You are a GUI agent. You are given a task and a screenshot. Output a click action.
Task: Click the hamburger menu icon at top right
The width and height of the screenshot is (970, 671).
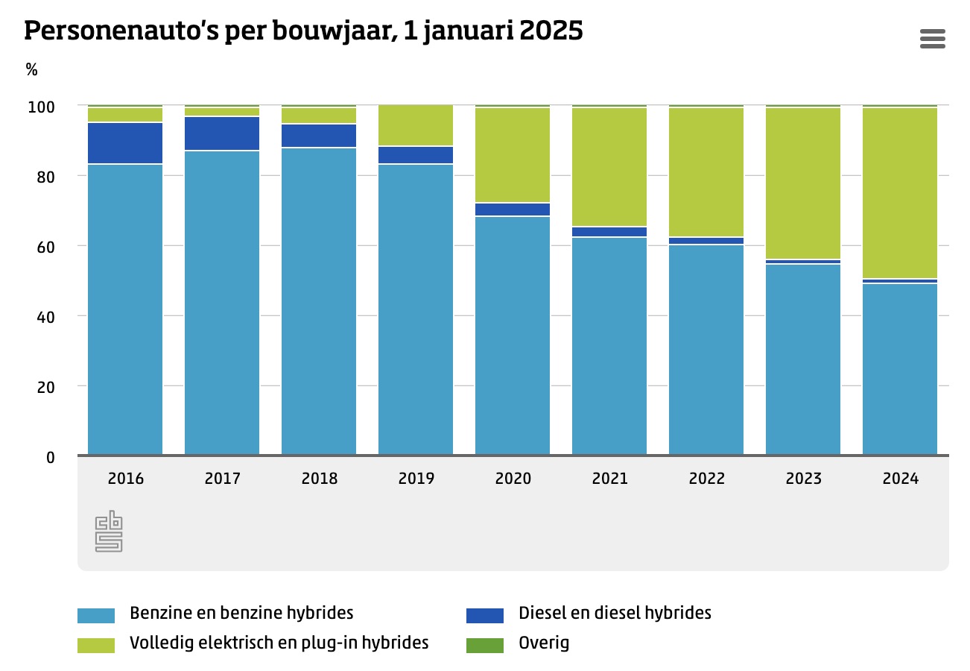click(x=932, y=38)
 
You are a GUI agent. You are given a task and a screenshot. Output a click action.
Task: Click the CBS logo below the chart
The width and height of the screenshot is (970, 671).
click(x=109, y=531)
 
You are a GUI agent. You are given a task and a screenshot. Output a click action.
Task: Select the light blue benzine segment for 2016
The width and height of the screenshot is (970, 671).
click(x=125, y=309)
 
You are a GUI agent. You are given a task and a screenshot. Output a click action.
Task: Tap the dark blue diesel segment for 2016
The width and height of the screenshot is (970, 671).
click(x=125, y=143)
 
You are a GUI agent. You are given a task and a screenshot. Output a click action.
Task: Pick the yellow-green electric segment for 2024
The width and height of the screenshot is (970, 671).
click(x=900, y=194)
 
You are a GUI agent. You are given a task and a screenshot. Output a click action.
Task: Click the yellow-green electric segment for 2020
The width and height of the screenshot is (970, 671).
click(x=513, y=155)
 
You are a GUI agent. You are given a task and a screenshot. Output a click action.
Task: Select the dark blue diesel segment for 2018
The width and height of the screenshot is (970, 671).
click(x=319, y=136)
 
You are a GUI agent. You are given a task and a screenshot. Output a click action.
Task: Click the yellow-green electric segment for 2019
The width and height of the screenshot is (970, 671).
click(x=416, y=125)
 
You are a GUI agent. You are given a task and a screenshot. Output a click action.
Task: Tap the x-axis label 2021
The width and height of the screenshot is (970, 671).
click(x=609, y=479)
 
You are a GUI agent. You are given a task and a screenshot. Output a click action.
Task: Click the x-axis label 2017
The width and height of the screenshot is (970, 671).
click(x=222, y=479)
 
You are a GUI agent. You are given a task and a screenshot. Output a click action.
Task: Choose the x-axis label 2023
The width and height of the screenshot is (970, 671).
click(x=803, y=479)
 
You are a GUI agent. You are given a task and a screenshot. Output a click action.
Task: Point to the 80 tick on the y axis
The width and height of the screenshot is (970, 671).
click(x=45, y=177)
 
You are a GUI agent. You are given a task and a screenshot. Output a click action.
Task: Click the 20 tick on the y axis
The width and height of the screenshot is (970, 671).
click(x=45, y=387)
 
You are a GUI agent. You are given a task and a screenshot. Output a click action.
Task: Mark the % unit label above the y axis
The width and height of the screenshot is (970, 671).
click(x=31, y=70)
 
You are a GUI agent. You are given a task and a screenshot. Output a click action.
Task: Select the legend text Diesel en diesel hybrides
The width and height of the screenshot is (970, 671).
click(x=615, y=613)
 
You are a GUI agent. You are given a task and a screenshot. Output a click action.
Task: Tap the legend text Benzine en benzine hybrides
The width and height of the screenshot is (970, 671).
click(x=241, y=613)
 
